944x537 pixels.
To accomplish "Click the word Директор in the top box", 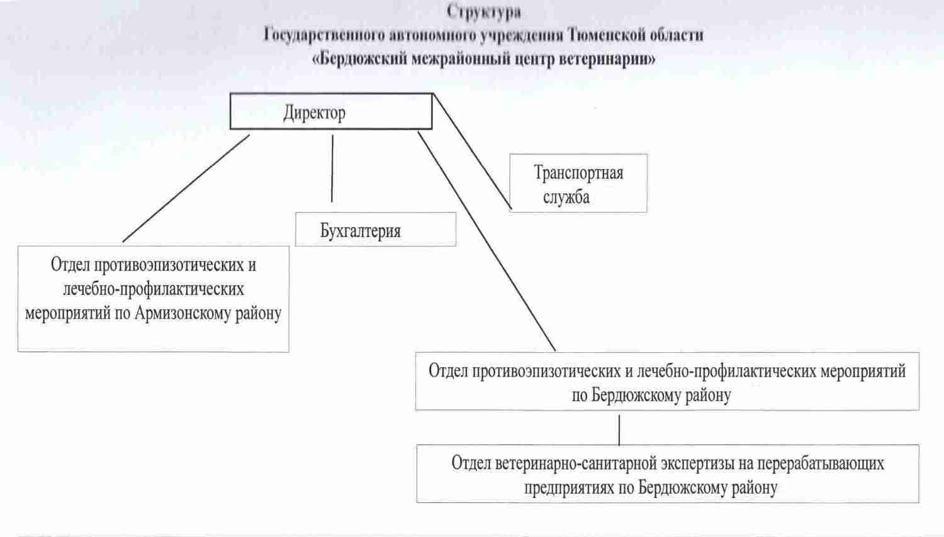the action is [315, 113].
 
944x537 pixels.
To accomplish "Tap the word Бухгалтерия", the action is [361, 231].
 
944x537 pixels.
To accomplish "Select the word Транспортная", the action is [578, 173].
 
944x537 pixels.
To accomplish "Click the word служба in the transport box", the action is [566, 197].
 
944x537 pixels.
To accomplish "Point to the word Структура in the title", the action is [484, 12].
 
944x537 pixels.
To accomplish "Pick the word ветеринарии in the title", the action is [607, 59].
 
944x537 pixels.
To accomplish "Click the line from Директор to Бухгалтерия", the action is [332, 169].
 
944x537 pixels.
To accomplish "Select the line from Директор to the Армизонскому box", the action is [186, 188].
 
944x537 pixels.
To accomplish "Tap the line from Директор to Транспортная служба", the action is [472, 151].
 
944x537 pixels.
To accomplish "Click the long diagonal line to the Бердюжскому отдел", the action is [486, 241].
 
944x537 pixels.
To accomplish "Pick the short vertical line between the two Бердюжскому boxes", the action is [619, 430].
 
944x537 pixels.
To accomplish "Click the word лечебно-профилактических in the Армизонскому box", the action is [154, 289].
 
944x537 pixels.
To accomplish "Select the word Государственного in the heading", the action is [324, 35].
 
